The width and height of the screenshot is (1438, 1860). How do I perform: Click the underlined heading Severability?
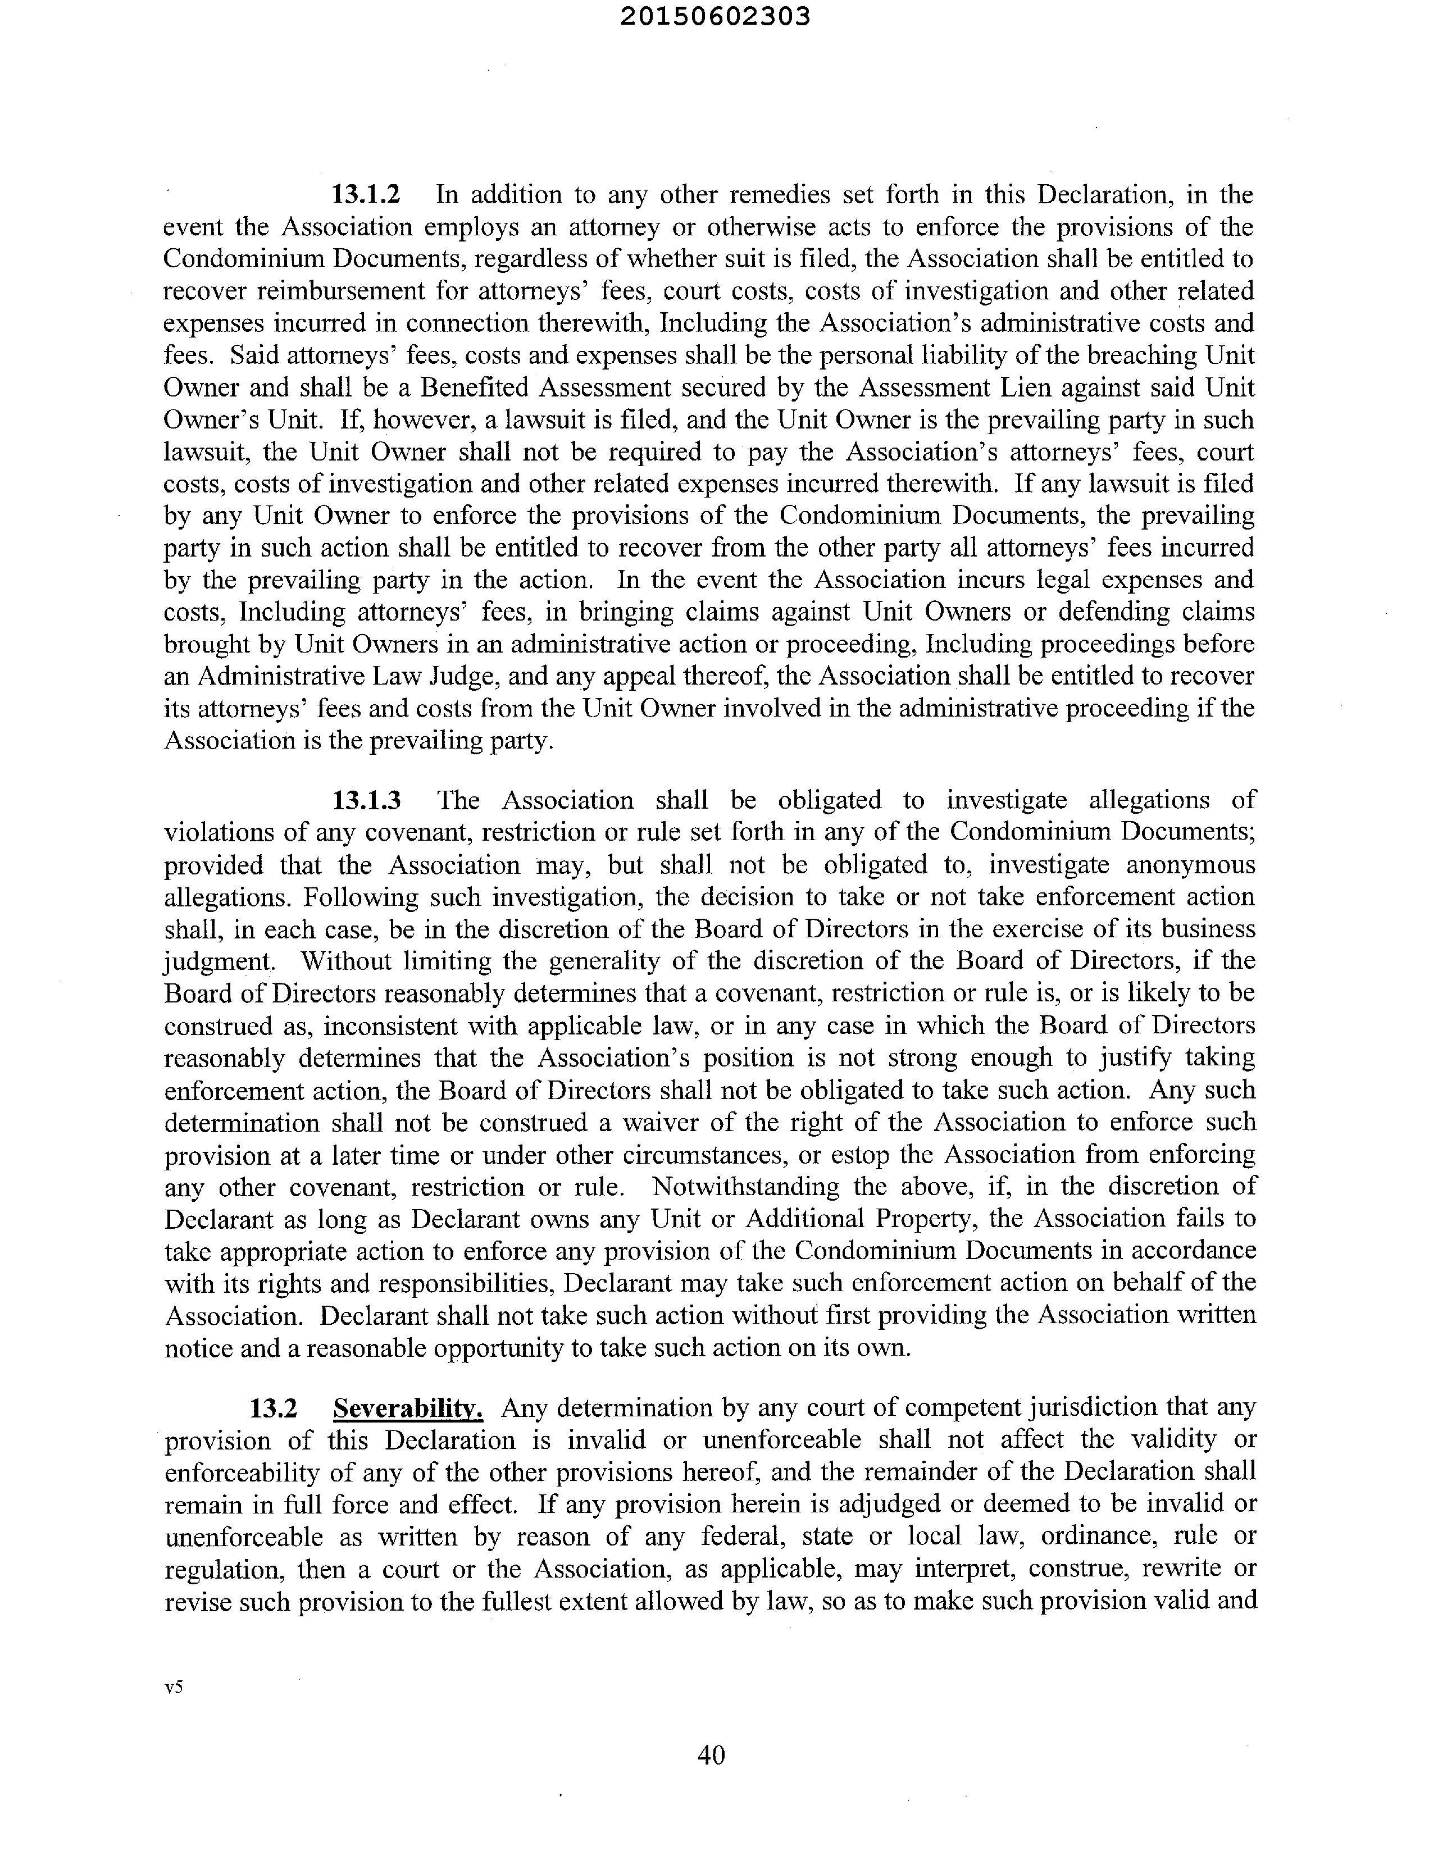pos(408,1408)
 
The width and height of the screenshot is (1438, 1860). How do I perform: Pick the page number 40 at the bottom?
pos(711,1754)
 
